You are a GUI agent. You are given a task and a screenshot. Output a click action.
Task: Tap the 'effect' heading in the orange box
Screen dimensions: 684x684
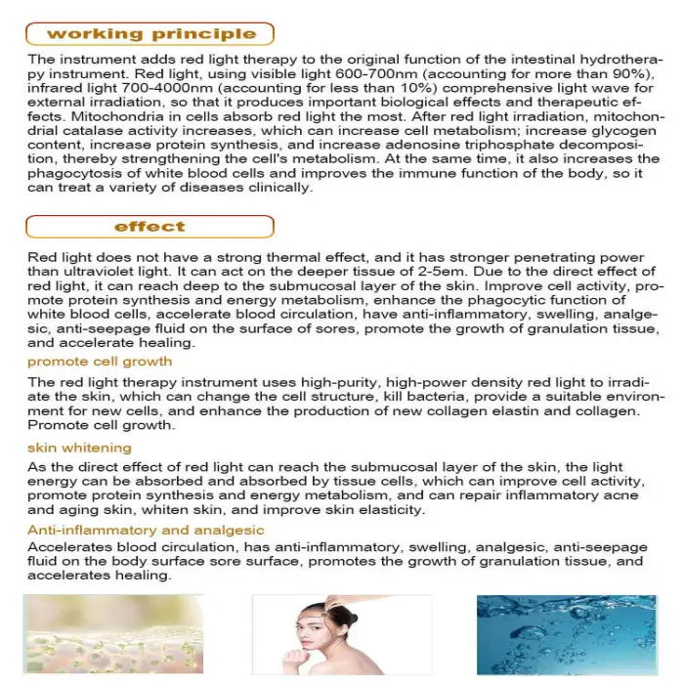150,227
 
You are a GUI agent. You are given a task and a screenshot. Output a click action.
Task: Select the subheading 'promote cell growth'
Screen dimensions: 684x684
100,362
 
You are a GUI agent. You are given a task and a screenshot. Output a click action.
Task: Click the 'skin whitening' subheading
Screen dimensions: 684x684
79,448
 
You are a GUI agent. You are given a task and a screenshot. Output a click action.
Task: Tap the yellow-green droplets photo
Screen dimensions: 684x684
91,633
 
